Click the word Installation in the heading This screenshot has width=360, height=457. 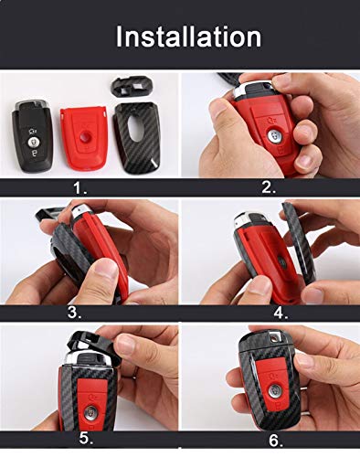pos(188,37)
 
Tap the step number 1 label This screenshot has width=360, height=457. pos(80,188)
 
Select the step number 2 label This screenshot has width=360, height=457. pos(269,187)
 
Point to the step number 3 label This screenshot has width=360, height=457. pos(75,313)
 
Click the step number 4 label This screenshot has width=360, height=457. pos(281,313)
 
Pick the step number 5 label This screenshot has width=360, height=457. pos(86,439)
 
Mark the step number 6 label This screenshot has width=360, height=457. pos(276,441)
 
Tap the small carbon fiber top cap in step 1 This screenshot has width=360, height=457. pos(132,86)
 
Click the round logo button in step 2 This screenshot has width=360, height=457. pos(274,136)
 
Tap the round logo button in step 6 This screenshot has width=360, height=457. pos(275,390)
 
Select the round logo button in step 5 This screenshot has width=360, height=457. pos(90,411)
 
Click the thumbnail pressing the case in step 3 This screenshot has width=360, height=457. pos(104,268)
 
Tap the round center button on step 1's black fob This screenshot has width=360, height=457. pos(33,142)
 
